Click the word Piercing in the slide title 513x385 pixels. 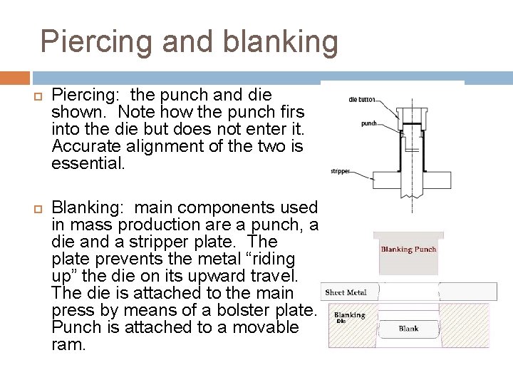96,42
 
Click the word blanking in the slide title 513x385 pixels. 280,42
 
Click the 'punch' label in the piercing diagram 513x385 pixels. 369,123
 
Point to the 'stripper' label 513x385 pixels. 340,172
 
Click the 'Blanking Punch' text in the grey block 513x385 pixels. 408,250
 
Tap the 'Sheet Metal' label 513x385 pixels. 346,292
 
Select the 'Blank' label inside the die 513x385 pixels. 408,329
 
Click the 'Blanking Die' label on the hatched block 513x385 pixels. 349,316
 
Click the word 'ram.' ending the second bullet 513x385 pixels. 68,344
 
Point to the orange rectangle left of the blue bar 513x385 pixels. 14,78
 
